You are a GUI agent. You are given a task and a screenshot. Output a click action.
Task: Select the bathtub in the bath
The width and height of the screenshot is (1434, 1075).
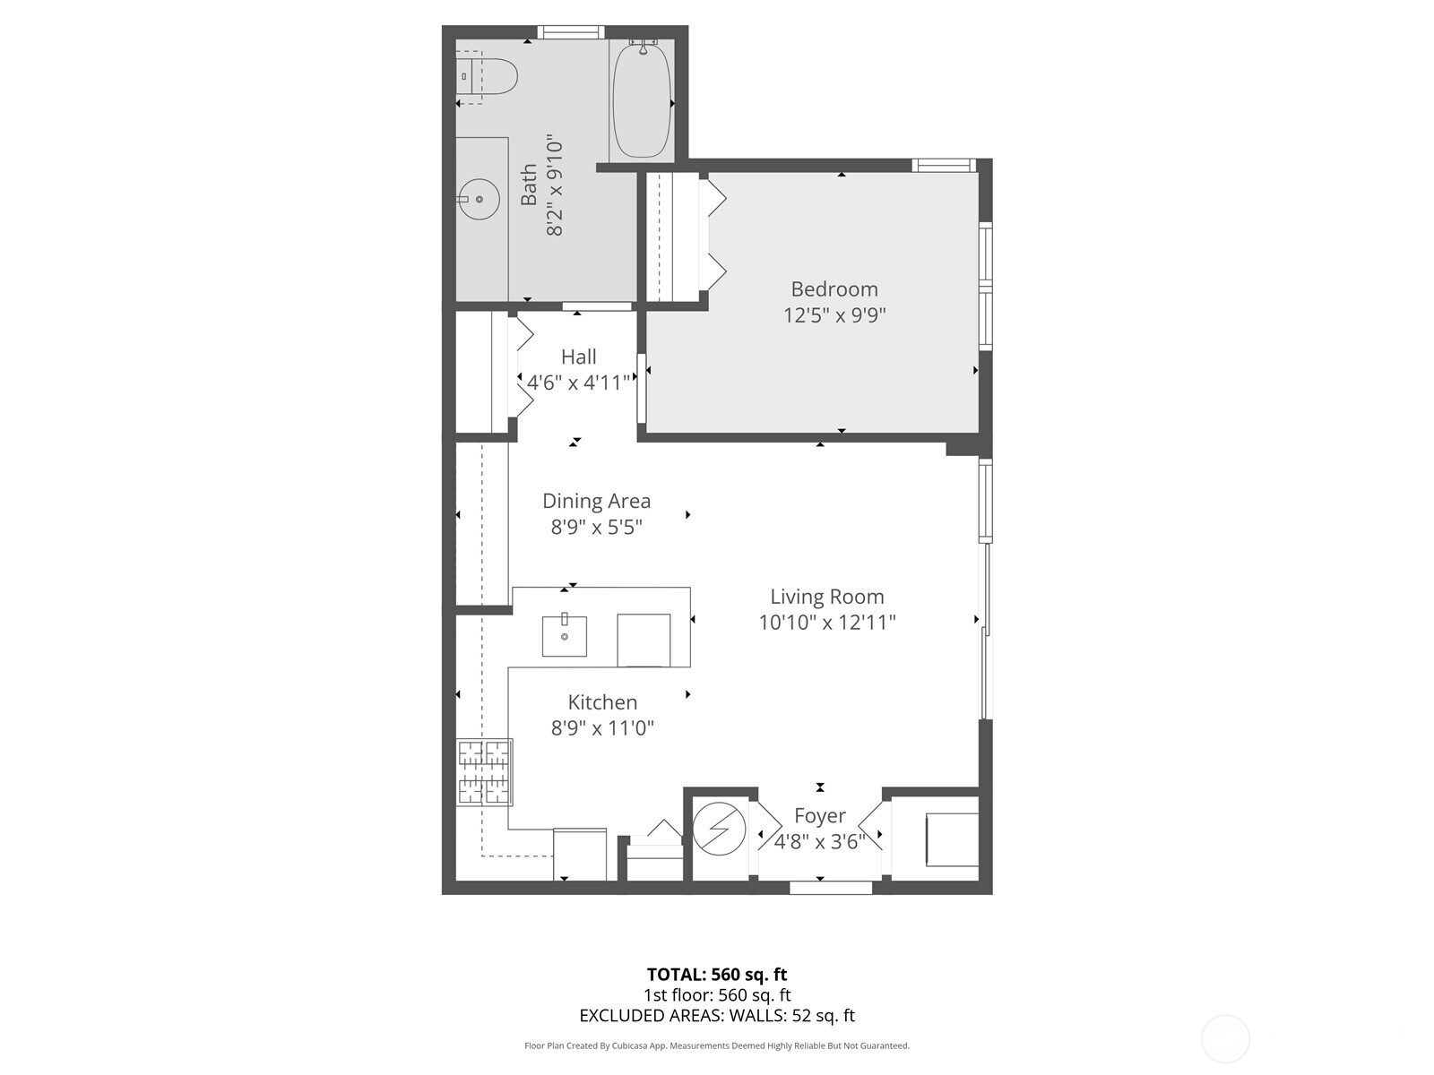click(642, 101)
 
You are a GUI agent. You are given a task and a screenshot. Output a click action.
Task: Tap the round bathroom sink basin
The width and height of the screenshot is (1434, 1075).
click(479, 200)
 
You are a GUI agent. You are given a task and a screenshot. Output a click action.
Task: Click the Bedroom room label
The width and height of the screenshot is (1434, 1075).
click(834, 289)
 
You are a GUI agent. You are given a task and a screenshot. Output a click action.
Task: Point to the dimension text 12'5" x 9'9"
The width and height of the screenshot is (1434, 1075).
click(834, 315)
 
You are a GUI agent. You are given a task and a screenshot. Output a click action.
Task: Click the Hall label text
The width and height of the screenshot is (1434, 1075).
click(578, 357)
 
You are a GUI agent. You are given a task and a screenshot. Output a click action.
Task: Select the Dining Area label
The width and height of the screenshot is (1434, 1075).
click(596, 501)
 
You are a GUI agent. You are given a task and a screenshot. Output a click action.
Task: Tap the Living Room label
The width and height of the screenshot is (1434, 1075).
click(826, 597)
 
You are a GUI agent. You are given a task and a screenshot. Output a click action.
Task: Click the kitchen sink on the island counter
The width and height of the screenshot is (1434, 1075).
click(565, 636)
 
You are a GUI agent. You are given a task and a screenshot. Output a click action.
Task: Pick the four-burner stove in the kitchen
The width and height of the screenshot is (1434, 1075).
click(484, 771)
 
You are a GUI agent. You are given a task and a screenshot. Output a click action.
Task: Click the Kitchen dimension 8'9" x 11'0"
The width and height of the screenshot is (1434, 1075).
click(602, 728)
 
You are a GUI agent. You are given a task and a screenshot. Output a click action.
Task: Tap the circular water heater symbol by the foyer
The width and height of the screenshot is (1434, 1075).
click(719, 830)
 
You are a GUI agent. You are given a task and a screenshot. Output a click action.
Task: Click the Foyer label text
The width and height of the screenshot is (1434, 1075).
click(819, 816)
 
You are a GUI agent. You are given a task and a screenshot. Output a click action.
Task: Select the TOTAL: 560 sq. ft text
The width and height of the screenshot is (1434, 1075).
click(717, 975)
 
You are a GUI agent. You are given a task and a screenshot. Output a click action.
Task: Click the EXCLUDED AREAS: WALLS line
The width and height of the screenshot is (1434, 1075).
click(717, 1016)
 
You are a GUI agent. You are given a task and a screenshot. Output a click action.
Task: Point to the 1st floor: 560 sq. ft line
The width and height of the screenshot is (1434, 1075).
click(717, 995)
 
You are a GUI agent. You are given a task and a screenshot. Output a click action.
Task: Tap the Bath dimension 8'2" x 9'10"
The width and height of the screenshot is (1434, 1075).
click(555, 187)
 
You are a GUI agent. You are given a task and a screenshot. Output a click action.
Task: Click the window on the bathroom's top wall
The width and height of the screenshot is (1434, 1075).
click(571, 33)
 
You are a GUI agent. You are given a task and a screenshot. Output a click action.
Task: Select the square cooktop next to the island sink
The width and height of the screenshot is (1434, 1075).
click(644, 640)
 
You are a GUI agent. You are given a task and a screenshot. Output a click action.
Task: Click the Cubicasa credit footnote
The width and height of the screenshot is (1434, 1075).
click(717, 1045)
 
